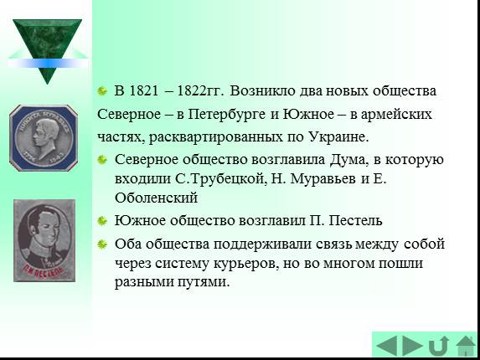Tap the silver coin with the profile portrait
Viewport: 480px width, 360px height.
coord(44,138)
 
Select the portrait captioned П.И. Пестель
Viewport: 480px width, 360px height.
coord(44,240)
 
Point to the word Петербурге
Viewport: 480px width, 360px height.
coord(227,115)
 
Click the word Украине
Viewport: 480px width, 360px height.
coord(338,136)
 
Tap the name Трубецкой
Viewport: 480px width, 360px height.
coord(227,178)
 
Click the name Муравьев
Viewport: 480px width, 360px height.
coord(323,178)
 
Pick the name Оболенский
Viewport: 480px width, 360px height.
coord(156,198)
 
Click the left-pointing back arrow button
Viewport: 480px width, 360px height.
coord(387,346)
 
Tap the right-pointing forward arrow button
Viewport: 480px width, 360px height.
coord(412,346)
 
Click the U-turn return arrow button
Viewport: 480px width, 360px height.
coord(439,346)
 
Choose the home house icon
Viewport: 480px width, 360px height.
coord(466,346)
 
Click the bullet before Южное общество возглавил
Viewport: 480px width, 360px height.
coord(102,220)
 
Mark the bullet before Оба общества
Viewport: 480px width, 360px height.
coord(102,244)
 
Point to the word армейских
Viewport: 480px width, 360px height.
coord(396,115)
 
